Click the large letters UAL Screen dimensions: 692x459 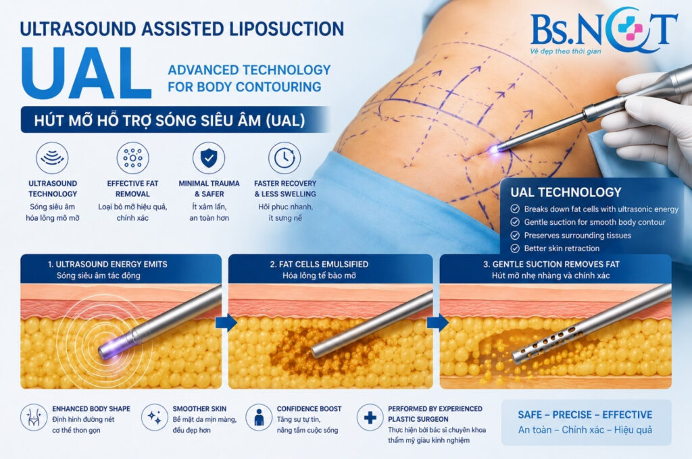click(x=87, y=73)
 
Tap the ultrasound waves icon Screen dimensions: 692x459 click(x=52, y=158)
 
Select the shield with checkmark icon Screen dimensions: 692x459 click(x=209, y=158)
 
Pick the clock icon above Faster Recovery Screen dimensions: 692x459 click(x=285, y=158)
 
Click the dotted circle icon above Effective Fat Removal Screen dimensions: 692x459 click(x=133, y=158)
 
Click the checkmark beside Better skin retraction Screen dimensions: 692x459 click(x=515, y=248)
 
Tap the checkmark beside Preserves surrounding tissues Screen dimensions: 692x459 click(x=515, y=235)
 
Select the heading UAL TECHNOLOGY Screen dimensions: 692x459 click(x=566, y=192)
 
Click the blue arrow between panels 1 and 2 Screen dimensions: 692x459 click(x=226, y=323)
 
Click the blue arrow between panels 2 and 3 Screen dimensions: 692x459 click(x=437, y=323)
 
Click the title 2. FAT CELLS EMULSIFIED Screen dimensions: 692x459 click(x=319, y=264)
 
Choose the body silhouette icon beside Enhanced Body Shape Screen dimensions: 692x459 click(x=34, y=417)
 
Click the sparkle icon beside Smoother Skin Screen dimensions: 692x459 click(x=155, y=417)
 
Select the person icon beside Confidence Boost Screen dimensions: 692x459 click(x=259, y=417)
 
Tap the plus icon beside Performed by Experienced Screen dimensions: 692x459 click(x=370, y=417)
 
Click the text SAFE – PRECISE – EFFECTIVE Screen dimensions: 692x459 click(x=585, y=414)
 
